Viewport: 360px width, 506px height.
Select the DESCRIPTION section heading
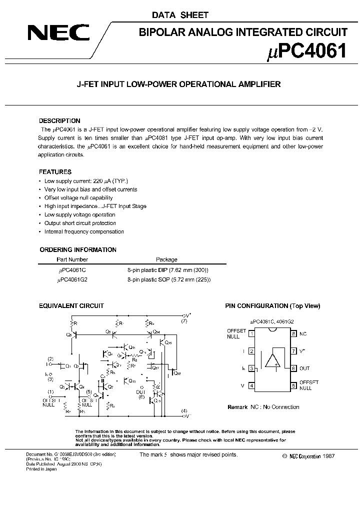click(59, 121)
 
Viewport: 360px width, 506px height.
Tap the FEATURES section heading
click(55, 171)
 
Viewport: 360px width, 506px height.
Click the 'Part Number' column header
click(72, 259)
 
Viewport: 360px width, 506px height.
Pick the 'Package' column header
click(166, 259)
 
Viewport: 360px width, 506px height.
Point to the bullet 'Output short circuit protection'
click(80, 223)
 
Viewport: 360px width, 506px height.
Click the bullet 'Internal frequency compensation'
click(84, 231)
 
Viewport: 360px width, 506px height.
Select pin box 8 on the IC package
click(293, 333)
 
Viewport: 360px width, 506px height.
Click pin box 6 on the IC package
click(293, 368)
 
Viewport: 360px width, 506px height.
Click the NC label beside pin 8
click(303, 333)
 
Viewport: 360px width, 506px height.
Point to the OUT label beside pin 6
click(304, 368)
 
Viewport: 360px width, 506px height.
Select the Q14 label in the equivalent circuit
click(156, 331)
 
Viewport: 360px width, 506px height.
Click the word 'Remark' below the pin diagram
click(237, 407)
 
